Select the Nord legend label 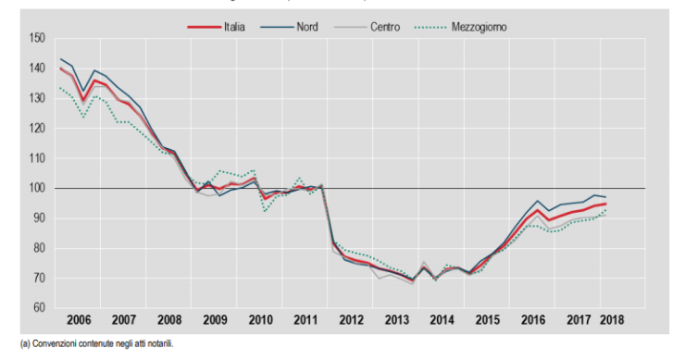tap(308, 27)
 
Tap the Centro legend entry tap(384, 27)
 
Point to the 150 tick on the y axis tap(37, 38)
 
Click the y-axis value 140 tap(37, 68)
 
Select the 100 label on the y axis tap(37, 188)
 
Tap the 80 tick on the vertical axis tap(39, 248)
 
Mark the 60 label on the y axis tap(39, 307)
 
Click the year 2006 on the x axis tap(78, 320)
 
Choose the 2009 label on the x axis tap(214, 320)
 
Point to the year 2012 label tap(351, 320)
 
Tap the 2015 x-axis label tap(487, 320)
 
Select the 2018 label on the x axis tap(612, 320)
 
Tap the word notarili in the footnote tap(158, 344)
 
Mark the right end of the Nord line tap(605, 197)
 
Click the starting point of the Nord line tap(60, 59)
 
